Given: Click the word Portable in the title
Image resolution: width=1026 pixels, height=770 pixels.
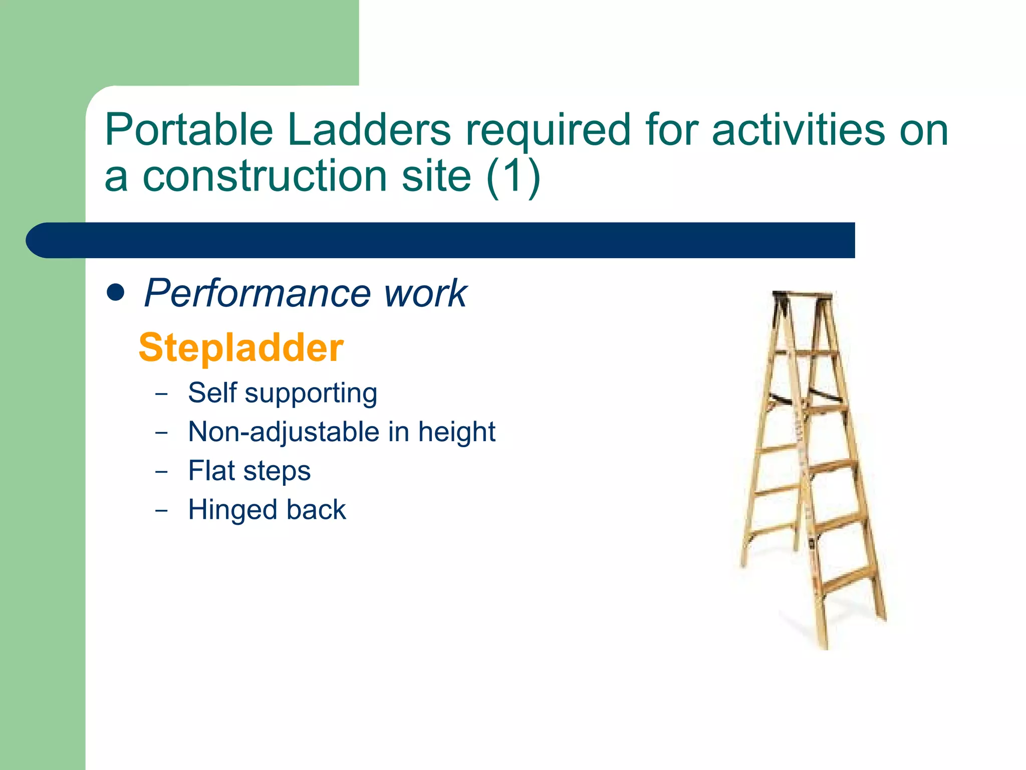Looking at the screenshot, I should (188, 130).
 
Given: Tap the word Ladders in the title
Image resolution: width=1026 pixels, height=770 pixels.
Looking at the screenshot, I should (369, 130).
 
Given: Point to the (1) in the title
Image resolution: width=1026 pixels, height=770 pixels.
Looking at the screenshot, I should (512, 176).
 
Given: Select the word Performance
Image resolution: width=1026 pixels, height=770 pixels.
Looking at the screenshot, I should (256, 294).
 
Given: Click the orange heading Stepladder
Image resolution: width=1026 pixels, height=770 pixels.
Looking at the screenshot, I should (241, 347).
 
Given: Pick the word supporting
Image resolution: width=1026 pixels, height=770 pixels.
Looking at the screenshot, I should (311, 394).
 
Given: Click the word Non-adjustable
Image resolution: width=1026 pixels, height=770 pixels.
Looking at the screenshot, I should (284, 432).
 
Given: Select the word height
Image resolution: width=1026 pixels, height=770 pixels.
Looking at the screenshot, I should (456, 432).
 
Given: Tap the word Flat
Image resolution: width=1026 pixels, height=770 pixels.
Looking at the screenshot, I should (211, 471).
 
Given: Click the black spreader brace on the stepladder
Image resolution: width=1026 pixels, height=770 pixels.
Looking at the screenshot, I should (825, 395).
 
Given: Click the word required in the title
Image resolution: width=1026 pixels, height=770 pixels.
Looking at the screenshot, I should (548, 130).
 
